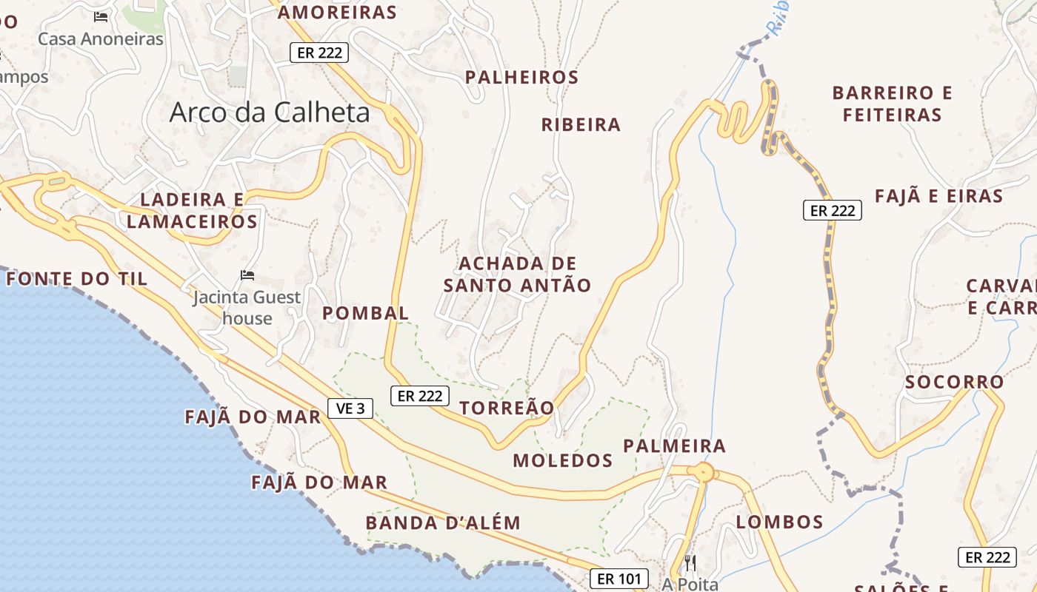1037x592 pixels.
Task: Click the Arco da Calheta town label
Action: (270, 112)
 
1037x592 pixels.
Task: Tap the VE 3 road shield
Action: (350, 408)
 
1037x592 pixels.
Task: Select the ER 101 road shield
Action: (619, 579)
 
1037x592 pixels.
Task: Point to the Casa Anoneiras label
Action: (100, 38)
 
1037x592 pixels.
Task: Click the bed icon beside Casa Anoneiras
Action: (101, 16)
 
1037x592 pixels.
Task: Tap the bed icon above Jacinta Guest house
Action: (247, 275)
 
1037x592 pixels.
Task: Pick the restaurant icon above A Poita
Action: (690, 562)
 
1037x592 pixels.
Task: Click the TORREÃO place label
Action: (507, 408)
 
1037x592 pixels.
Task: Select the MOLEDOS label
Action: (563, 460)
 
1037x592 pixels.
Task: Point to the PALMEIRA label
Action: (674, 445)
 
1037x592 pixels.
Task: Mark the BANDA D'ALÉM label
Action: (443, 522)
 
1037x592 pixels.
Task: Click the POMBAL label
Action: (365, 313)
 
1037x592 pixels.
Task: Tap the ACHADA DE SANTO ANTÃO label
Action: (517, 274)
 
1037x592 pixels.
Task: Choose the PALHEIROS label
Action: (521, 77)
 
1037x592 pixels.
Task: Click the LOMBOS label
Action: (779, 522)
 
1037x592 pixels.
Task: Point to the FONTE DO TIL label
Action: (77, 279)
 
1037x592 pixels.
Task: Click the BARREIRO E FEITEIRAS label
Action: (892, 104)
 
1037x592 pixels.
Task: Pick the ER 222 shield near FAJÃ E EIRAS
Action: (833, 210)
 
